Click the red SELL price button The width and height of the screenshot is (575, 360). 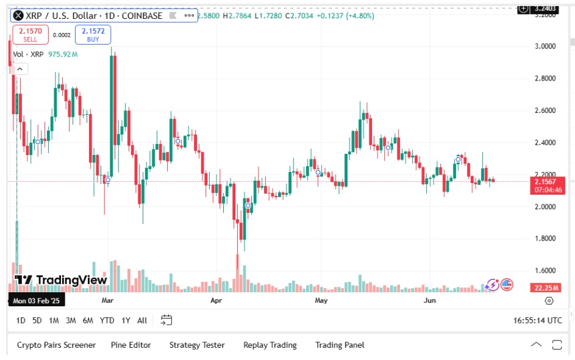[x=30, y=34]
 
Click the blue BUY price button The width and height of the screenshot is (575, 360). [x=93, y=34]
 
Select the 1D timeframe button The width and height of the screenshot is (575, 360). [x=21, y=320]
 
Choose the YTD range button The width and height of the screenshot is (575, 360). [x=107, y=320]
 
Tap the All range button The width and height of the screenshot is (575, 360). [x=142, y=320]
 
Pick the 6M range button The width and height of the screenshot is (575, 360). [x=88, y=320]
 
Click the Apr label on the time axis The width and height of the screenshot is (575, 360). [x=216, y=301]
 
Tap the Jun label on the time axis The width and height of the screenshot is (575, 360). [x=430, y=301]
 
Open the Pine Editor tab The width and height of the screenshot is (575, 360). [x=130, y=345]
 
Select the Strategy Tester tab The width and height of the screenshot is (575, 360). [x=197, y=345]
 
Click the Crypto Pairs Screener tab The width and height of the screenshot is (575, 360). [x=56, y=345]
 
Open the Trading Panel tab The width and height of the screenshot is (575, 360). [x=340, y=345]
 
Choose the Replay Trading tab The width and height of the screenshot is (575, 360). [x=270, y=345]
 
